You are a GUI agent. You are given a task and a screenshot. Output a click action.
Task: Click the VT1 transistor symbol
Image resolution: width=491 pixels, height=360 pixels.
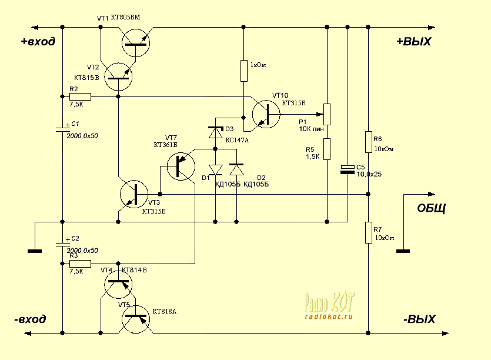[136, 42]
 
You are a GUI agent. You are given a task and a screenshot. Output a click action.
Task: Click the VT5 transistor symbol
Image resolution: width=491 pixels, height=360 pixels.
[136, 319]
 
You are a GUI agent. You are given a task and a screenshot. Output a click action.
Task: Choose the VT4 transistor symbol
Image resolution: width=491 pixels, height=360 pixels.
[118, 284]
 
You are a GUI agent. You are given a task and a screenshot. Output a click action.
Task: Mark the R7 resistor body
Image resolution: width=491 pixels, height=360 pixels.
[368, 232]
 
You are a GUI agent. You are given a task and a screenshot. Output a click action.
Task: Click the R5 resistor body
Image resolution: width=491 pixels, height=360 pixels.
[327, 149]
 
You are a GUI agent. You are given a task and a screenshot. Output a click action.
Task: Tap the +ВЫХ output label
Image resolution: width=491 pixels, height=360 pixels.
[414, 42]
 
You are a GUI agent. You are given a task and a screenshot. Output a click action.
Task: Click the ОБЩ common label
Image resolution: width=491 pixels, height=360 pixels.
[431, 208]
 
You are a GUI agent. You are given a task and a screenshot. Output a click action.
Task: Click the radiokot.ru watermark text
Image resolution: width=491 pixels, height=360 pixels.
[328, 316]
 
